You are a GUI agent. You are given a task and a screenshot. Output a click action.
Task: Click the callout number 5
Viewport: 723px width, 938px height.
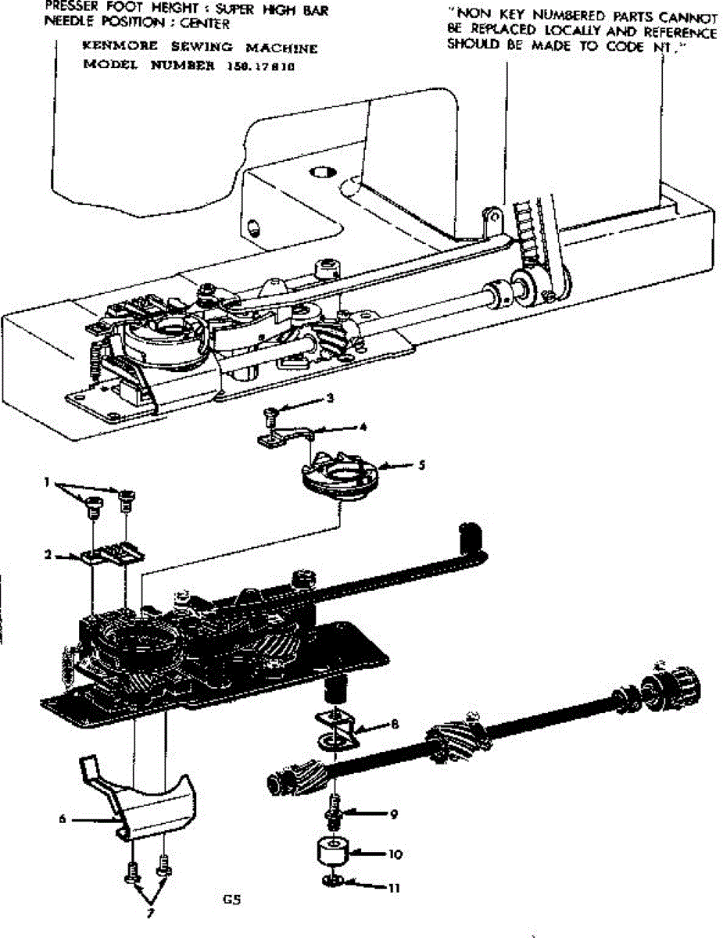pyautogui.click(x=421, y=464)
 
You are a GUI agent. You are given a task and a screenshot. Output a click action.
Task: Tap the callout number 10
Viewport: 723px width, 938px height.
pyautogui.click(x=395, y=854)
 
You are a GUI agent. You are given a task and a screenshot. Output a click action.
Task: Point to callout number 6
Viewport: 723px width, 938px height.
pyautogui.click(x=62, y=819)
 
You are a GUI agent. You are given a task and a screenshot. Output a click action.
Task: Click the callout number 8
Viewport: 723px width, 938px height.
pyautogui.click(x=395, y=725)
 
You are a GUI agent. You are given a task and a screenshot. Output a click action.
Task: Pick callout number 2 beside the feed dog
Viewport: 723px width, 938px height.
pyautogui.click(x=48, y=554)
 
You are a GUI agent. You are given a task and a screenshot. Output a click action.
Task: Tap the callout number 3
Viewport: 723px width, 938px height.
pyautogui.click(x=331, y=398)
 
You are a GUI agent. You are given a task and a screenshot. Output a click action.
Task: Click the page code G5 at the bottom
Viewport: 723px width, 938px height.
pyautogui.click(x=231, y=898)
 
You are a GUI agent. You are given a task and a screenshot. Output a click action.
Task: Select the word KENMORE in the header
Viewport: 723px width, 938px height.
pyautogui.click(x=112, y=48)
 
